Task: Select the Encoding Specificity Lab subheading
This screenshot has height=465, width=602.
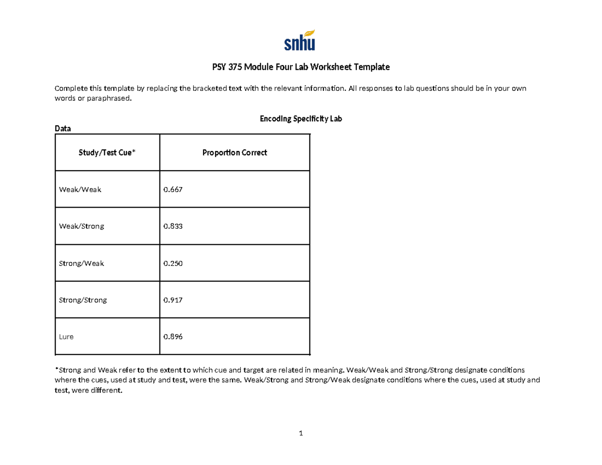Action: pos(300,119)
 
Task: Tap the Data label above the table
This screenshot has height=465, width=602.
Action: pos(63,129)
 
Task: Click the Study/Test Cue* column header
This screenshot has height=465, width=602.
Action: pos(107,152)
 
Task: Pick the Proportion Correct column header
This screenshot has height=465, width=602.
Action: pos(234,152)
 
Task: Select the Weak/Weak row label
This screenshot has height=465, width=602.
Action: pos(80,190)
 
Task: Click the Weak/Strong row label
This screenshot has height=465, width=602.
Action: pos(82,226)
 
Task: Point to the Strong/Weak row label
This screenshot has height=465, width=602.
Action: pos(82,263)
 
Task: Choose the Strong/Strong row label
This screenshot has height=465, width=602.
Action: pos(83,300)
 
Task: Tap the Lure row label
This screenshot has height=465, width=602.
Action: pos(67,337)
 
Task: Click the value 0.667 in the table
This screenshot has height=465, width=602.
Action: pos(173,190)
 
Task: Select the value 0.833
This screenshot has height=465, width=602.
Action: pos(173,226)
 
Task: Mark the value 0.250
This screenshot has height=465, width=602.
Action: pos(173,263)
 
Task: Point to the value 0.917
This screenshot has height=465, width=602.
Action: pos(173,300)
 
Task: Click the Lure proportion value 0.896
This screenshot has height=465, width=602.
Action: pos(173,337)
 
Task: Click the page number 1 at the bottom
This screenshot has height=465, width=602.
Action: pos(300,433)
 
